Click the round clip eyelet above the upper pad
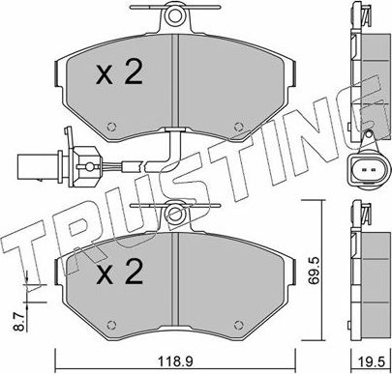click(x=174, y=16)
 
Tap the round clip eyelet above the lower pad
click(x=174, y=211)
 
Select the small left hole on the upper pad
click(x=112, y=124)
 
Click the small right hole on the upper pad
click(x=237, y=124)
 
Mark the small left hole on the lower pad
click(x=112, y=325)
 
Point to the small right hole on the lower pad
click(x=237, y=325)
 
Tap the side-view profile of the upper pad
click(x=365, y=68)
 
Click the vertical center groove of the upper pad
click(x=174, y=82)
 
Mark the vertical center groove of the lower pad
click(x=174, y=285)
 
